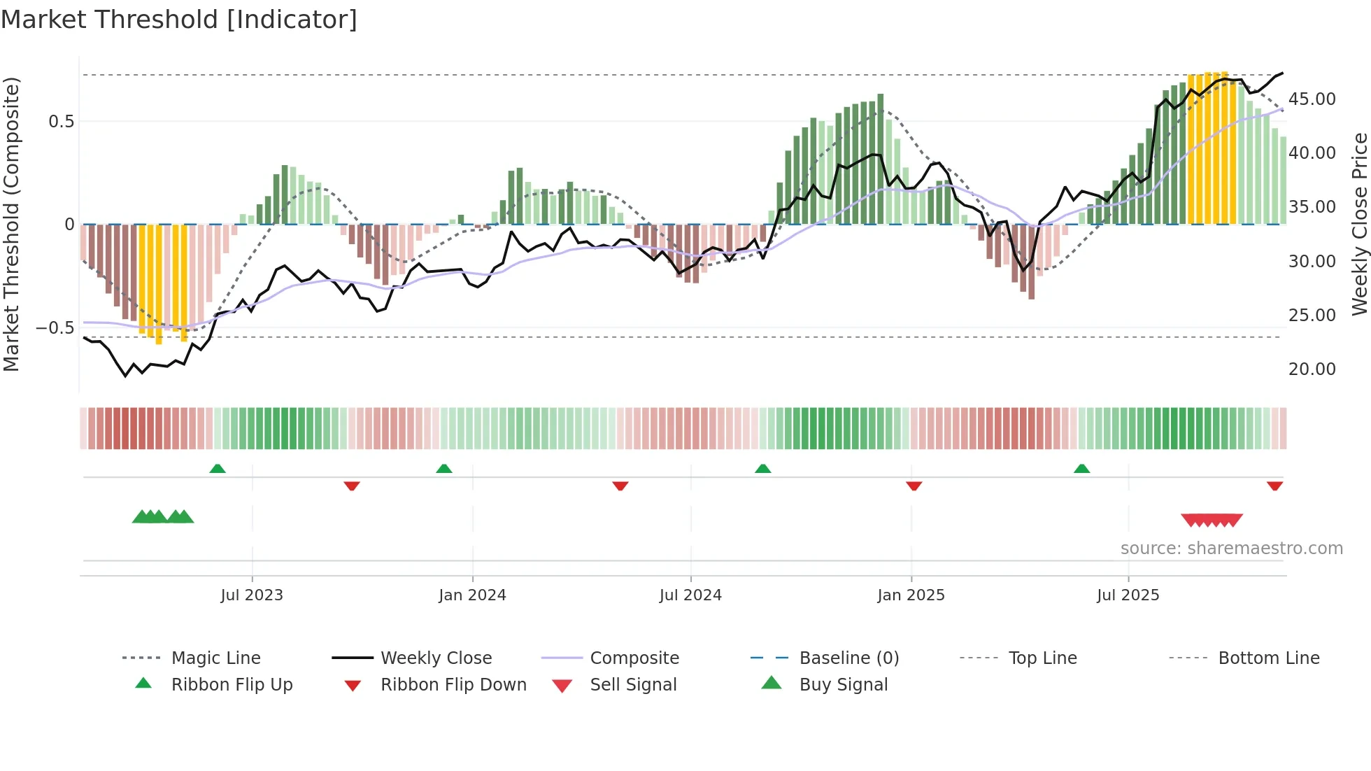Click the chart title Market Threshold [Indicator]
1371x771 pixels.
point(179,20)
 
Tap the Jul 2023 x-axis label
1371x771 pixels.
point(252,595)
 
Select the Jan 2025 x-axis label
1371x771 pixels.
point(911,595)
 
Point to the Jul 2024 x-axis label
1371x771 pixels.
point(690,595)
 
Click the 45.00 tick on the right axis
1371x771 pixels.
point(1312,99)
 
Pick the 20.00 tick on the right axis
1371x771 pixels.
point(1312,369)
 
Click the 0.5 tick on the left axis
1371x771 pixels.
point(61,122)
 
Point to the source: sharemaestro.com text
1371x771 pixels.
point(1231,549)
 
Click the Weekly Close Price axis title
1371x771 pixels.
point(1359,224)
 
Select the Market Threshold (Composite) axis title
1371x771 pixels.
point(11,224)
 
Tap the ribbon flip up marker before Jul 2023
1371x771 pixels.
point(218,469)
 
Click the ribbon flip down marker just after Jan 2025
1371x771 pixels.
point(914,486)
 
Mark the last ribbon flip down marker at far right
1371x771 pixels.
point(1274,486)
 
